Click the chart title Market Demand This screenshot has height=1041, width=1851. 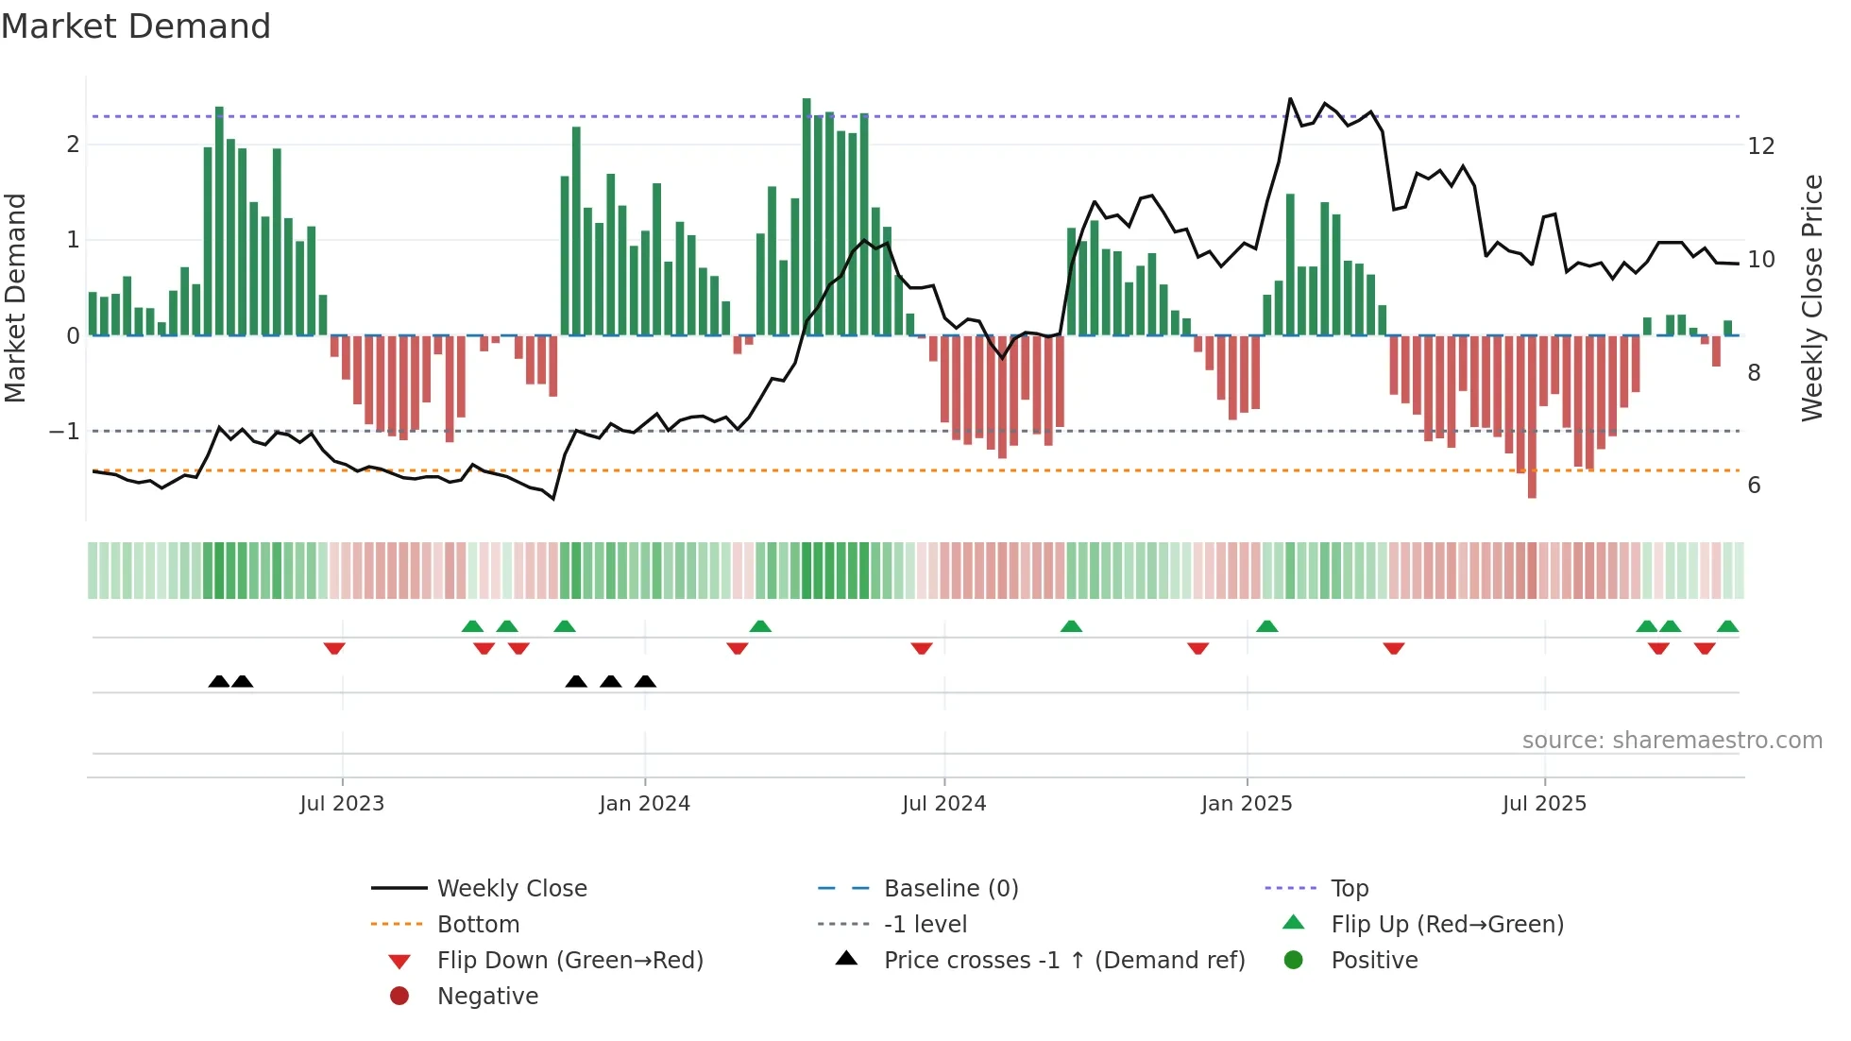(x=136, y=26)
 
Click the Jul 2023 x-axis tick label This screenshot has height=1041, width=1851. (x=342, y=804)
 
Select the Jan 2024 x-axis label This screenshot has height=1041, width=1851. (x=644, y=804)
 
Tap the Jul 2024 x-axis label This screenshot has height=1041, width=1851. (x=943, y=804)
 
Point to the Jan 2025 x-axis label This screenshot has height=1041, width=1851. (x=1247, y=804)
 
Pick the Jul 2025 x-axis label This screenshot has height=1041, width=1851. (x=1544, y=804)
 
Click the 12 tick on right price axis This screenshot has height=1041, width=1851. (x=1760, y=146)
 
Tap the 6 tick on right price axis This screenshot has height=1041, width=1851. (x=1754, y=486)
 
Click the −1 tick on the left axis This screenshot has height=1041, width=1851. (x=65, y=432)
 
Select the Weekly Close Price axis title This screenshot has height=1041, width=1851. (x=1811, y=298)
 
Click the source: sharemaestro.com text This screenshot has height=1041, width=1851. (x=1672, y=741)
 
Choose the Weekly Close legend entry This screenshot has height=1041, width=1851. (x=511, y=889)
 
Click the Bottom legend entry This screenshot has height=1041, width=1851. (x=478, y=925)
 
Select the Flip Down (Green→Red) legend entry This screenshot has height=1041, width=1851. (x=569, y=961)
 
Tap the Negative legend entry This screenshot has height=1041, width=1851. (x=487, y=997)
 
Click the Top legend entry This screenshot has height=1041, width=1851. (x=1349, y=889)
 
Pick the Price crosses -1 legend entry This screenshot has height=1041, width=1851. (x=1063, y=961)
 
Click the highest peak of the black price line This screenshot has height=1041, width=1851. (x=1290, y=98)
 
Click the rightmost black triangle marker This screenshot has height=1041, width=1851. (x=645, y=682)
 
